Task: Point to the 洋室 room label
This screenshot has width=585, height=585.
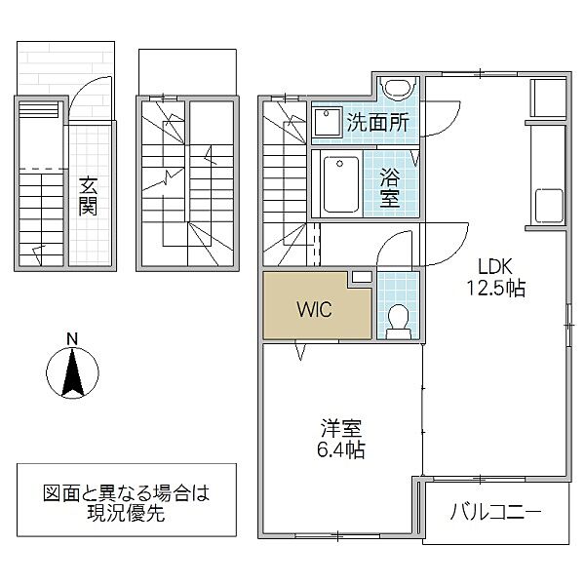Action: pyautogui.click(x=340, y=429)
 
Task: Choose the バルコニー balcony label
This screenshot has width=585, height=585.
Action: pyautogui.click(x=495, y=512)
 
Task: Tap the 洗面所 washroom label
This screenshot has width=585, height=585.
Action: pyautogui.click(x=378, y=124)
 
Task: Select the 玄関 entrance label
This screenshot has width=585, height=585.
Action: pyautogui.click(x=88, y=195)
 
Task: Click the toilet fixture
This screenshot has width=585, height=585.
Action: pyautogui.click(x=398, y=319)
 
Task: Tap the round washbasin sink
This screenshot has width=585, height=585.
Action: pyautogui.click(x=398, y=89)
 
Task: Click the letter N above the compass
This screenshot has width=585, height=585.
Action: pyautogui.click(x=71, y=339)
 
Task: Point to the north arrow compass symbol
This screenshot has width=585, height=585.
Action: pyautogui.click(x=71, y=372)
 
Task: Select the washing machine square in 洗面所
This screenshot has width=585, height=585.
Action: pyautogui.click(x=325, y=120)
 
